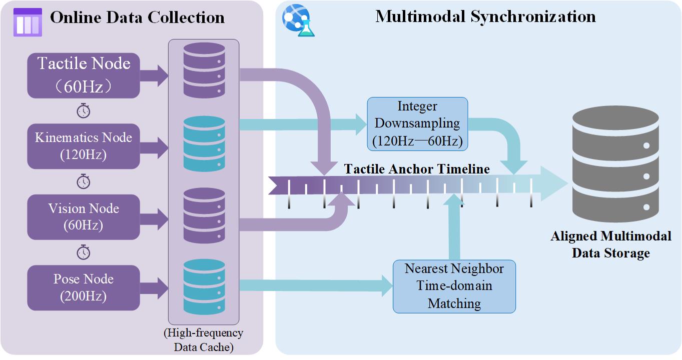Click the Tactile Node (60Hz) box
click(x=84, y=75)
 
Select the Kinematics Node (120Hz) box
click(x=84, y=146)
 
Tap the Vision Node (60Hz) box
click(x=84, y=217)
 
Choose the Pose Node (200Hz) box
click(x=84, y=287)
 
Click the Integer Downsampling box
click(x=417, y=124)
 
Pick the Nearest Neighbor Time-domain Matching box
click(x=454, y=286)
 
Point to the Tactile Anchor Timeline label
click(x=417, y=169)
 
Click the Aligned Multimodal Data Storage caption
click(x=611, y=244)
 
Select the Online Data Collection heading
click(x=137, y=17)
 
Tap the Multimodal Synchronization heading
click(x=485, y=16)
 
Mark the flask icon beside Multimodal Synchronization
click(x=297, y=20)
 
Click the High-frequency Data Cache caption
click(x=203, y=340)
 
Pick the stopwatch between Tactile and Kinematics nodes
click(x=84, y=110)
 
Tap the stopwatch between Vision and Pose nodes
click(x=84, y=252)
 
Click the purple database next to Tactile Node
click(x=204, y=70)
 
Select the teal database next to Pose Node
click(x=204, y=285)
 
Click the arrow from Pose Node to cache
click(x=154, y=287)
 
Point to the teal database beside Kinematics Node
click(x=204, y=143)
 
